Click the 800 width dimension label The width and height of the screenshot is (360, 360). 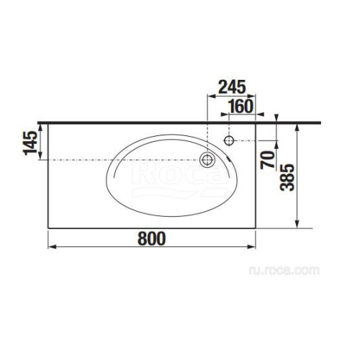(x=152, y=238)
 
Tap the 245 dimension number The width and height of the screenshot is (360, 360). (x=232, y=87)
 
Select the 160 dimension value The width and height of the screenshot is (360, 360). (x=240, y=107)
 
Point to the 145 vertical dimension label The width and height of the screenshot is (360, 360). (x=30, y=143)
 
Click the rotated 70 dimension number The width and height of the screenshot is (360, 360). (x=268, y=160)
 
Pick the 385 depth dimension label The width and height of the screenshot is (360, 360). (x=287, y=177)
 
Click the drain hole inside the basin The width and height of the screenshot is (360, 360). (x=207, y=160)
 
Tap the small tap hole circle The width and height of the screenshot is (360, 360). (x=229, y=140)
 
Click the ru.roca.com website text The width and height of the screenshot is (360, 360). (x=284, y=271)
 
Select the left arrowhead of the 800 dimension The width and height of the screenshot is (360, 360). (x=52, y=247)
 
